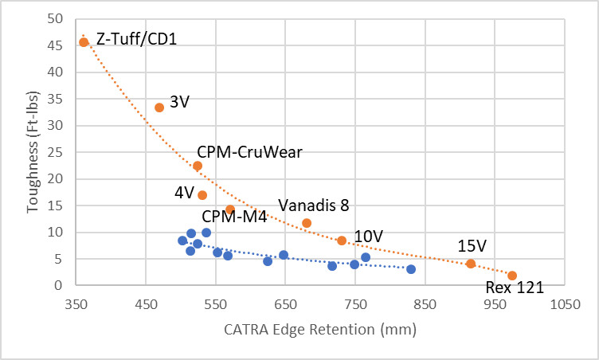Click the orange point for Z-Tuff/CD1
tap(84, 42)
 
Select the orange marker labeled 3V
tap(159, 108)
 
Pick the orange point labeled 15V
tap(471, 264)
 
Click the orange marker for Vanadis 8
tap(307, 223)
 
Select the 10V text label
tap(369, 237)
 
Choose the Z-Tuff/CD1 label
tap(132, 38)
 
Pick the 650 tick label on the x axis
tap(286, 303)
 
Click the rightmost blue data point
tap(411, 269)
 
